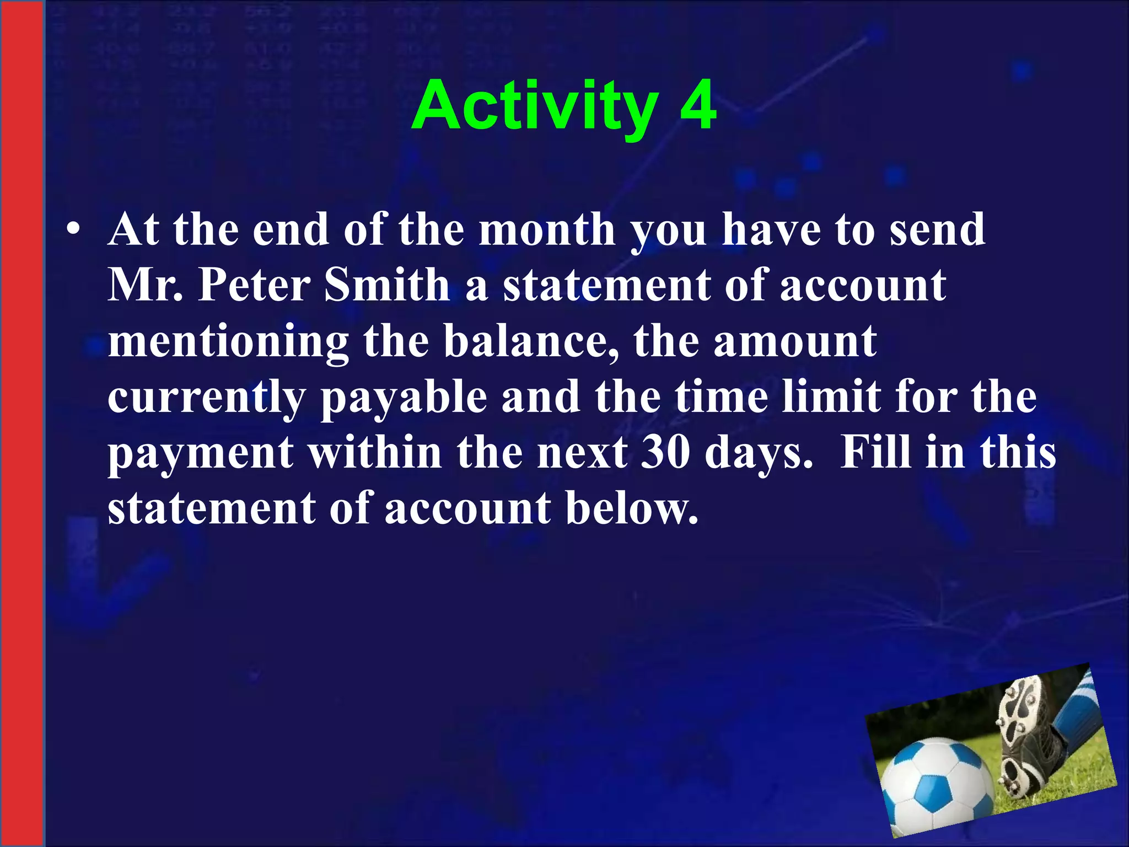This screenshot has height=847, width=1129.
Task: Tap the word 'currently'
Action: tap(207, 398)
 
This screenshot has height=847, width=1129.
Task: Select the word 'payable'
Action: tap(404, 398)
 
